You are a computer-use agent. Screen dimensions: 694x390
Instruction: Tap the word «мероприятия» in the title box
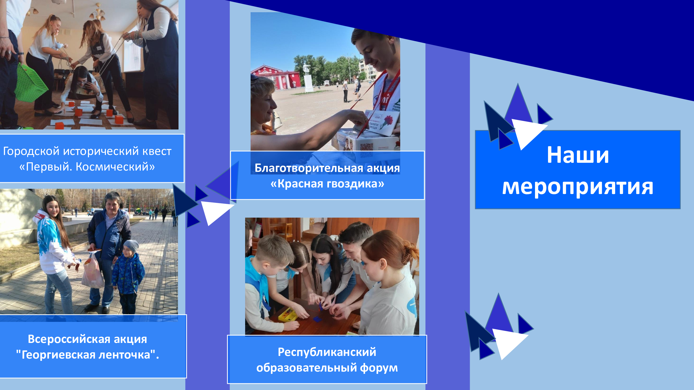pyautogui.click(x=578, y=187)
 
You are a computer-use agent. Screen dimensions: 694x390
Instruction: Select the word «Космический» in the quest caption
pyautogui.click(x=115, y=167)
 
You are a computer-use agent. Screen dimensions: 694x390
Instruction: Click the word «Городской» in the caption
pyautogui.click(x=31, y=151)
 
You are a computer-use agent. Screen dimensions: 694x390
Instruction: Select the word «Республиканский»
pyautogui.click(x=327, y=352)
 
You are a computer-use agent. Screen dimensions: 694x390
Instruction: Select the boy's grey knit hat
pyautogui.click(x=131, y=246)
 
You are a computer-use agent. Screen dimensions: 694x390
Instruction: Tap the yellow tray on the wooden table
pyautogui.click(x=288, y=314)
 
